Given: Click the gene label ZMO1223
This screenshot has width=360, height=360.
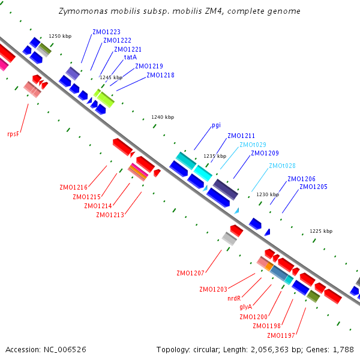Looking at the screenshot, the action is pos(106,32).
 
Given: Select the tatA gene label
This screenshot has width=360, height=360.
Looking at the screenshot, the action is pos(130,57).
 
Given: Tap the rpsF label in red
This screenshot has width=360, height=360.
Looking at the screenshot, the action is pos(13,134).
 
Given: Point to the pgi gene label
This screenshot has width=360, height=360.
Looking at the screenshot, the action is pos(216,125).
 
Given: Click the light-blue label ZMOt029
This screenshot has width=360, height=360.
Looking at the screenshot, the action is pos(253,145).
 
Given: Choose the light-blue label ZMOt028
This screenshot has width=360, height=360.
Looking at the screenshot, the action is pos(282,166).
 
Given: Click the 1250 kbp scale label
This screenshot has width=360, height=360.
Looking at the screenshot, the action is pos(60,36).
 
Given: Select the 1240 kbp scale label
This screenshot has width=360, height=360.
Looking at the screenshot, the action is pos(163,117).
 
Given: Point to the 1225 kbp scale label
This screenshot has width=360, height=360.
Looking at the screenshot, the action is pos(321,231).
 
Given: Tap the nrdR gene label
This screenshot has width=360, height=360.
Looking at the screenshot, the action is pos(234,298).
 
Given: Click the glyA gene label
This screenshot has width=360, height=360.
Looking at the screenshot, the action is pos(245,307).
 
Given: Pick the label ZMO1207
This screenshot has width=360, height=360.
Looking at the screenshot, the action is pos(190,273).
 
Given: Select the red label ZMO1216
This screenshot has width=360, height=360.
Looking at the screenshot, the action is pos(73,188).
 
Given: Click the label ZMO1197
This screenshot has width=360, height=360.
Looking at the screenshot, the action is pos(281,335).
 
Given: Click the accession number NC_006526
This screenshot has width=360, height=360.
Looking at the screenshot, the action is pos(65,350).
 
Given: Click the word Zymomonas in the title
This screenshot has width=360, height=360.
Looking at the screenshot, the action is pos(83,11).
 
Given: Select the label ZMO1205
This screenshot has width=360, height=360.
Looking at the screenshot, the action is pos(313,187).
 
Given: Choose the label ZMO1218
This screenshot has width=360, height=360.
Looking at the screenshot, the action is pos(160,76).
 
